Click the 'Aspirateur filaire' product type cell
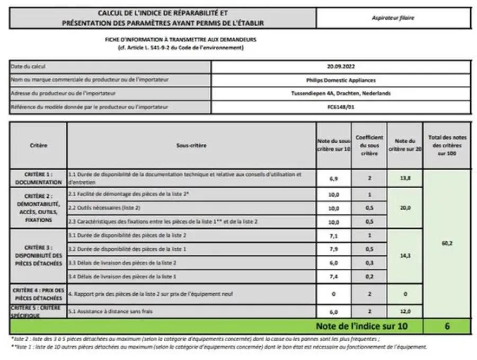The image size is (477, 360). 393,17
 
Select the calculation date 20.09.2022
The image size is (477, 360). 341,67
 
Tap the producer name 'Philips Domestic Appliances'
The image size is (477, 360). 341,80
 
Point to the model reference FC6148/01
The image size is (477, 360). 341,107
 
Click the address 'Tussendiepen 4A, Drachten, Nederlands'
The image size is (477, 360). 341,93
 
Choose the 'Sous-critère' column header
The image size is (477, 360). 191,145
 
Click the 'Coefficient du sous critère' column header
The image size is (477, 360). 369,145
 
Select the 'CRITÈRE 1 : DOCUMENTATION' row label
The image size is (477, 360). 38,178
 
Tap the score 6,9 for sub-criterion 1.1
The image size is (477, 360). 334,179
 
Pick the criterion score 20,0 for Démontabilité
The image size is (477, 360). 404,208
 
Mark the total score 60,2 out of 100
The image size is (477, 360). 447,243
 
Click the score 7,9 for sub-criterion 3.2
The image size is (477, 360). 334,249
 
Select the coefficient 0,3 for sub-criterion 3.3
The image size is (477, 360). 369,262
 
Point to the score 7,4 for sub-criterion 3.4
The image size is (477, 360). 334,276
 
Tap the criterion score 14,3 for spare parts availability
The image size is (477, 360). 404,256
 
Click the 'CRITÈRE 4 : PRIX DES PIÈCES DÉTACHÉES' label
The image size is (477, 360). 38,294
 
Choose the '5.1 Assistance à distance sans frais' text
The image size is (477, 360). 110,312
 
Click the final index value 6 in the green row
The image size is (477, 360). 447,326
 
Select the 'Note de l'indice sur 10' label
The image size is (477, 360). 361,326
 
